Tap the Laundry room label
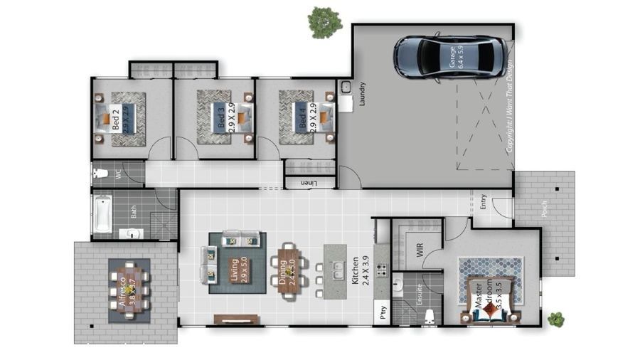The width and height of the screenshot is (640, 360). click(362, 93)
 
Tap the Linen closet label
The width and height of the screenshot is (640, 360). click(308, 183)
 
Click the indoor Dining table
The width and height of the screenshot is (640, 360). click(289, 271)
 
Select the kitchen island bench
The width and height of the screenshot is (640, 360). click(335, 271)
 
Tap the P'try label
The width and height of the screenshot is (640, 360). click(383, 311)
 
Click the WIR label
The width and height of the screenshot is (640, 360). click(420, 250)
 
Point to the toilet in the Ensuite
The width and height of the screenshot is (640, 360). click(430, 318)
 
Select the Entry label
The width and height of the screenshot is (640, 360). click(484, 202)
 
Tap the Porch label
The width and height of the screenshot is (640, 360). click(544, 208)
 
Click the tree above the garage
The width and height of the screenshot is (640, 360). click(326, 22)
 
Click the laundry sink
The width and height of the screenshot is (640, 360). click(346, 88)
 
